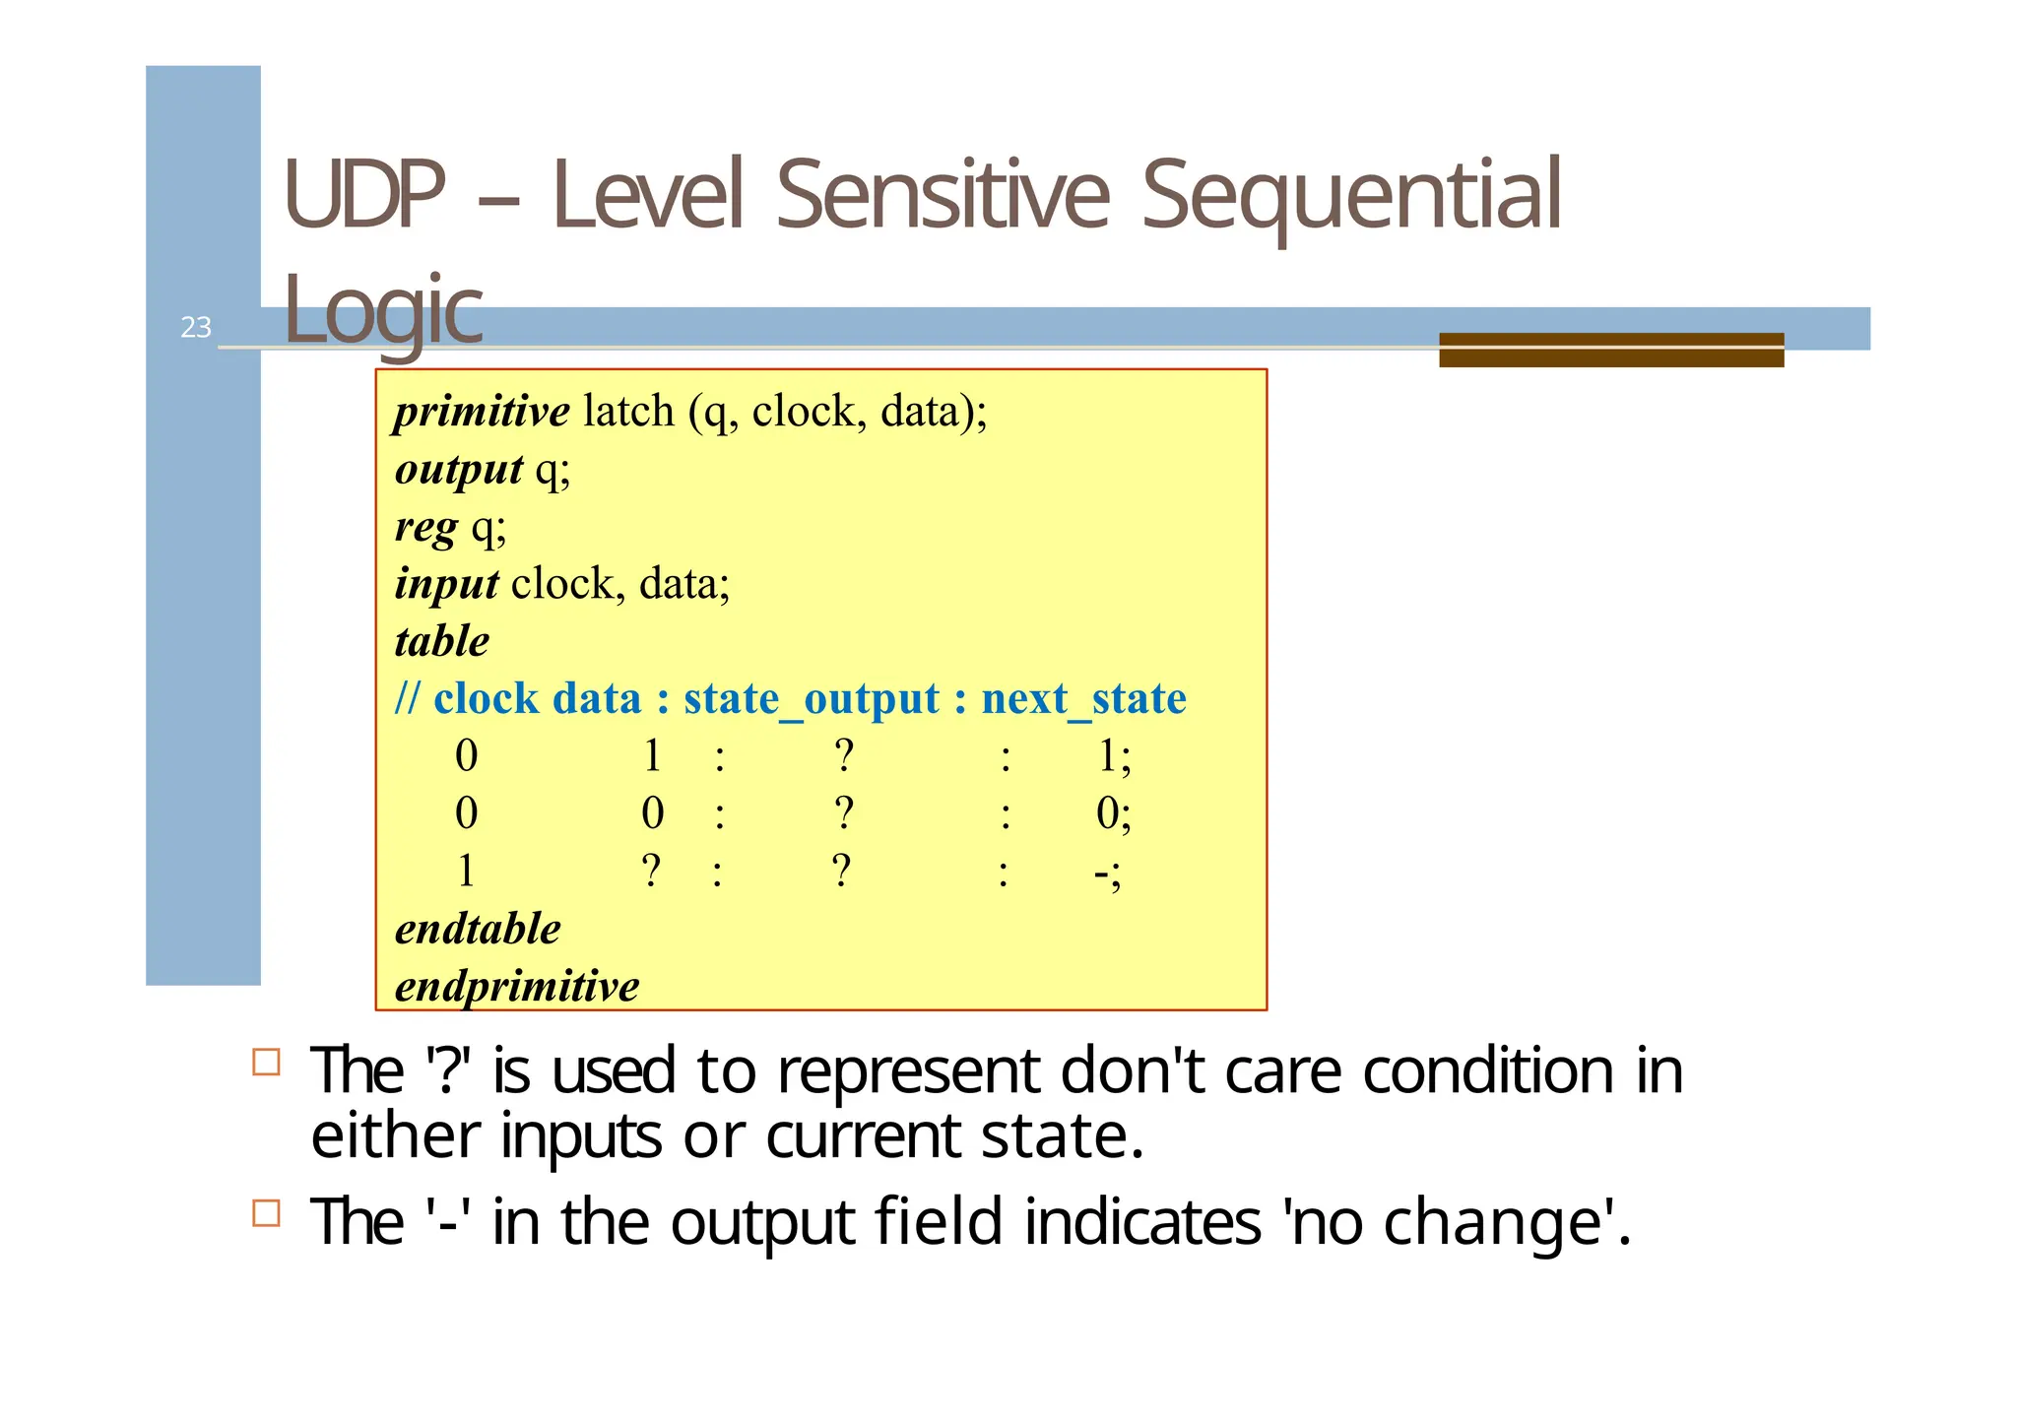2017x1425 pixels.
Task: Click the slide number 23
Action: [196, 327]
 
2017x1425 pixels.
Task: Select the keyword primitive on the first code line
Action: [482, 412]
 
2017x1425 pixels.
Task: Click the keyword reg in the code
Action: [425, 527]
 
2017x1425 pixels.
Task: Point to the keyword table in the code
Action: [441, 642]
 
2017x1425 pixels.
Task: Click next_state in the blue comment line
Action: [1083, 699]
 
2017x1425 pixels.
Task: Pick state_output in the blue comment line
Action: [811, 699]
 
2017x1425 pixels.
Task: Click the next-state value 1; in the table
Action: [1113, 756]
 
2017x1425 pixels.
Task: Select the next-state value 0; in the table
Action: [1113, 814]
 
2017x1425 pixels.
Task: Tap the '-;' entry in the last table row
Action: [1107, 873]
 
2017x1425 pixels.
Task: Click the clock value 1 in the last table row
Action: [466, 873]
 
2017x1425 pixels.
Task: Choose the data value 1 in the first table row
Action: [652, 756]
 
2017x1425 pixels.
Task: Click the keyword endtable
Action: [478, 929]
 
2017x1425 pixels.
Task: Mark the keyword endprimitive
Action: [517, 987]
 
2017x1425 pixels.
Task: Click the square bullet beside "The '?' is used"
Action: [266, 1062]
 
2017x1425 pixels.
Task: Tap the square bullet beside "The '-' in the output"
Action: [266, 1212]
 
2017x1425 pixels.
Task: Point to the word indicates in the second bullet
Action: [1142, 1222]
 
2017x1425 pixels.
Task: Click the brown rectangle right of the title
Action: [1611, 351]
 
